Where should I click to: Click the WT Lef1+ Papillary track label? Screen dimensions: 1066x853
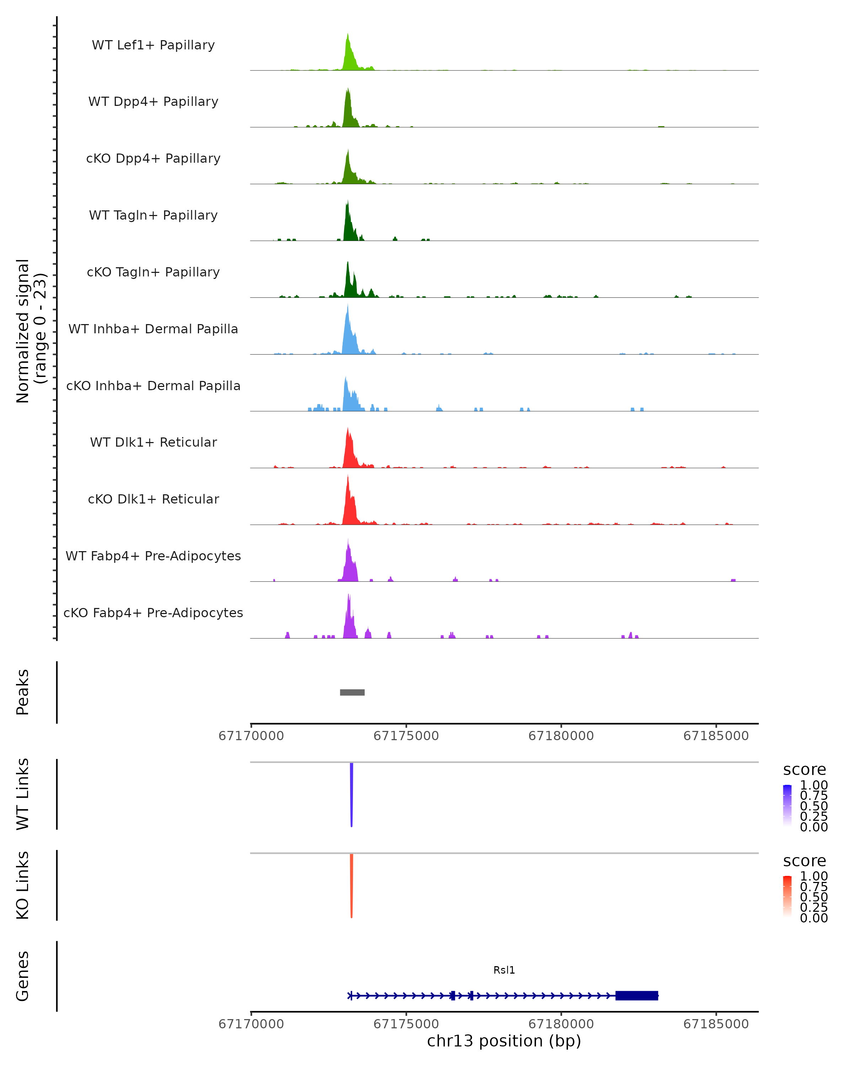pos(153,45)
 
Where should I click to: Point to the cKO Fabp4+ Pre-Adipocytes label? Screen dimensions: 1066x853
pos(153,613)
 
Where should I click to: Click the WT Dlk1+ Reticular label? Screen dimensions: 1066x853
pos(153,442)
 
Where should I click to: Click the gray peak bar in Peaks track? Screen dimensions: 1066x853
pos(352,692)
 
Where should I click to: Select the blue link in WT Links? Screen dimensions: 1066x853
pos(352,791)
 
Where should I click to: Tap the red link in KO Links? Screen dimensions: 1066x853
pos(352,883)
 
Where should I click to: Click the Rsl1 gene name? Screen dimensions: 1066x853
pos(504,970)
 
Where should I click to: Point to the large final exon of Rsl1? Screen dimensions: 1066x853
pos(637,995)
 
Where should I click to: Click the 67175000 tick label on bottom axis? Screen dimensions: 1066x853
pos(406,1023)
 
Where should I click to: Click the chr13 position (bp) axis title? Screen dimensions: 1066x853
pos(504,1041)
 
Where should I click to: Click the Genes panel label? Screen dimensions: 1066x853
pos(22,976)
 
